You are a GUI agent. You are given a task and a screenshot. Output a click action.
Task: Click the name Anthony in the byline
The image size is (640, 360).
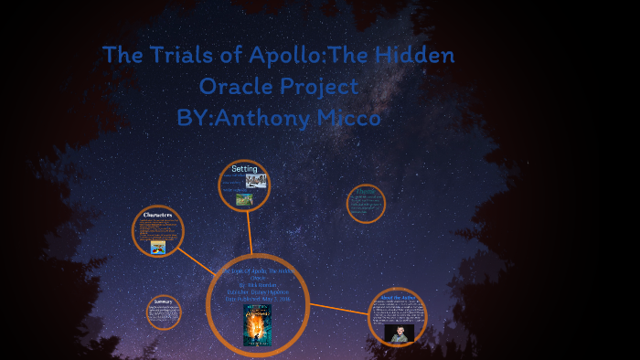[265, 118]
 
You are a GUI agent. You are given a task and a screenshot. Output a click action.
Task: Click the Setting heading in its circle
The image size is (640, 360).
[244, 169]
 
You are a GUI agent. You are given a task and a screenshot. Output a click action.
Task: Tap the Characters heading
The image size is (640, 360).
[158, 216]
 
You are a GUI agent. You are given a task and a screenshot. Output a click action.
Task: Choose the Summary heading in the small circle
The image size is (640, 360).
[164, 301]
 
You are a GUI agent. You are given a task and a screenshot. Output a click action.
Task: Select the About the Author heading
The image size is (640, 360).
[398, 297]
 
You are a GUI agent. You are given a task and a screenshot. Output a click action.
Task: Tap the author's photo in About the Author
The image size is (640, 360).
[399, 333]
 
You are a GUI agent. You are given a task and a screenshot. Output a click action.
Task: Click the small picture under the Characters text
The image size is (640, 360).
[157, 248]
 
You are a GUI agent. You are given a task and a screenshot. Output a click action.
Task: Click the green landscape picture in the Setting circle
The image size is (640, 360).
[244, 198]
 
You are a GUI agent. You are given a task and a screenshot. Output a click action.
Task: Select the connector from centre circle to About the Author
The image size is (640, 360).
[338, 308]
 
